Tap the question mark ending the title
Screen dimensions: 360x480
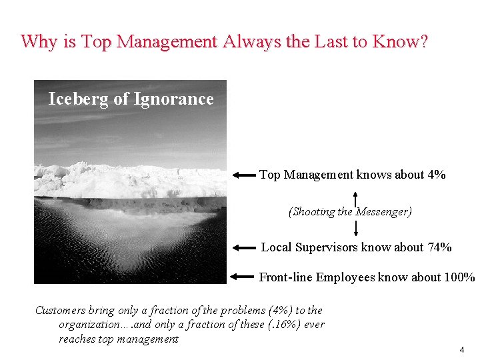point(424,42)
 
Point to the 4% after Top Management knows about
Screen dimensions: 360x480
point(437,175)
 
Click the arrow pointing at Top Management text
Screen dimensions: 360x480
point(244,175)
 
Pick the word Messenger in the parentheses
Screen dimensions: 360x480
point(383,212)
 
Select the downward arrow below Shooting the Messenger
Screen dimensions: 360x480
point(356,229)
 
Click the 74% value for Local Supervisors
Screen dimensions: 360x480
point(439,247)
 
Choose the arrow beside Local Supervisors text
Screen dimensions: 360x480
point(244,247)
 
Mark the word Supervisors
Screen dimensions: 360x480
point(326,247)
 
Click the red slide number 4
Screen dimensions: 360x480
point(461,350)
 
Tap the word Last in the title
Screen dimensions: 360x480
point(333,42)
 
